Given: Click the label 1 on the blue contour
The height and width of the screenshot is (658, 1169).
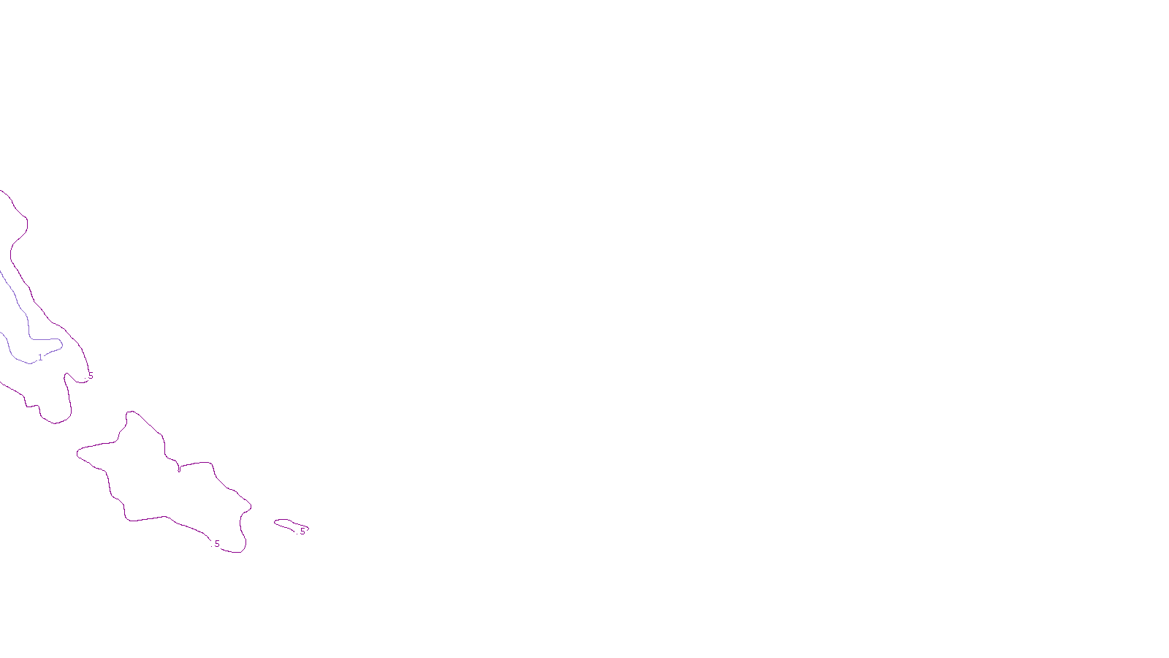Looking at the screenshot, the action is pos(40,358).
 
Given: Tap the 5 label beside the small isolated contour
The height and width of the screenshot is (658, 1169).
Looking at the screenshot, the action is pos(302,532).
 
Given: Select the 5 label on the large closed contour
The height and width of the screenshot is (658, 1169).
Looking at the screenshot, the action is pos(217,544).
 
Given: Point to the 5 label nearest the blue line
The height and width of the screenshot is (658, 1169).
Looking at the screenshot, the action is pos(91,377).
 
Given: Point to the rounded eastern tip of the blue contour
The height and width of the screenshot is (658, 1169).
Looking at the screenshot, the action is pos(61,344).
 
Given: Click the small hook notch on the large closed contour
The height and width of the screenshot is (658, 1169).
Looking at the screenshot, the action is pos(179,468).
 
